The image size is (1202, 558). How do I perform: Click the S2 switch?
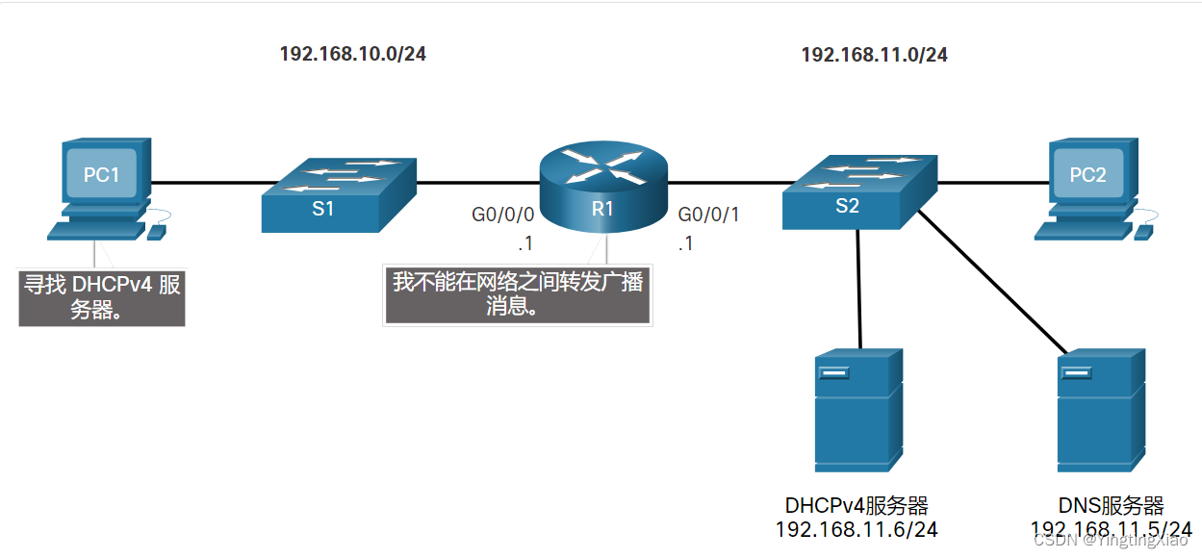pyautogui.click(x=857, y=191)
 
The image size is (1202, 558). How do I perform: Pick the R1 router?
pyautogui.click(x=602, y=188)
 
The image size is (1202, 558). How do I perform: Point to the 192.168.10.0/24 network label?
pyautogui.click(x=352, y=54)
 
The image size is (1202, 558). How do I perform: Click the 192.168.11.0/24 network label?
pyautogui.click(x=874, y=55)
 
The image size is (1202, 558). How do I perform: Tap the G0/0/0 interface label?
pyautogui.click(x=502, y=215)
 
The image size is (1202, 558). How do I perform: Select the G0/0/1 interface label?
pyautogui.click(x=709, y=215)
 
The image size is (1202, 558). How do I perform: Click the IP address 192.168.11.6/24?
pyautogui.click(x=857, y=529)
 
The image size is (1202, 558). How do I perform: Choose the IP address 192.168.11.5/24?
pyautogui.click(x=1112, y=529)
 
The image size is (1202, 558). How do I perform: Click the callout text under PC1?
pyautogui.click(x=102, y=297)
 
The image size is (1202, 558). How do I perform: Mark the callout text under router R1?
pyautogui.click(x=518, y=294)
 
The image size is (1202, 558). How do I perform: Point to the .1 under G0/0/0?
pyautogui.click(x=524, y=244)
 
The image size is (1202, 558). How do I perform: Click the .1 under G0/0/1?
pyautogui.click(x=685, y=244)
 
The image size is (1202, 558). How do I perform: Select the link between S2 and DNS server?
pyautogui.click(x=991, y=281)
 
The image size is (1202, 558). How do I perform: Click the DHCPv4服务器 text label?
pyautogui.click(x=857, y=506)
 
